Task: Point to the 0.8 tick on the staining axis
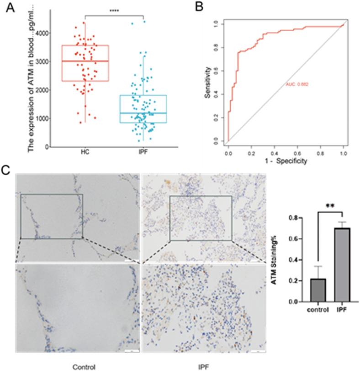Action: click(299, 218)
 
